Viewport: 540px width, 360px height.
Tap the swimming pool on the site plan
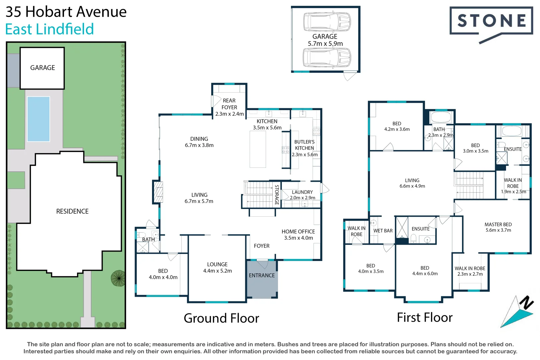[x=39, y=119]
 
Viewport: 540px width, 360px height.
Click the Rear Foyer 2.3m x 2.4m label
[x=229, y=107]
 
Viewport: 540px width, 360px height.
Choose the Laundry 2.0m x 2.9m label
[x=302, y=195]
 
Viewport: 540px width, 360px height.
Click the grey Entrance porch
[x=262, y=279]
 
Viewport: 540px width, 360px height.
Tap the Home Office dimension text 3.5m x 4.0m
[x=298, y=238]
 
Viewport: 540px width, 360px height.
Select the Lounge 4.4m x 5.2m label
[x=217, y=267]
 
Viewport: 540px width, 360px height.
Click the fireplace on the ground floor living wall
[x=158, y=192]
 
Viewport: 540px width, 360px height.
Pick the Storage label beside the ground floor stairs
[x=277, y=195]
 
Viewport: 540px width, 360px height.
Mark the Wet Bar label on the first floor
[x=383, y=231]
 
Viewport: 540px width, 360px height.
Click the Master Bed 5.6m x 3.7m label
[x=498, y=227]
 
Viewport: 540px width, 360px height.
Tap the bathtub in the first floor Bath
[x=441, y=117]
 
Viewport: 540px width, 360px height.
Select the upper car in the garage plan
[x=327, y=22]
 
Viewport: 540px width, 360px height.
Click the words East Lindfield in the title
[x=49, y=29]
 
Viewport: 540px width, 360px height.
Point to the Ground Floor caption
[x=221, y=318]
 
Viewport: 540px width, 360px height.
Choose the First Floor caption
[x=425, y=317]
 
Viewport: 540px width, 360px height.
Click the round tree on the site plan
[x=118, y=278]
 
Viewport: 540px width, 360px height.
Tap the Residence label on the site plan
[x=72, y=211]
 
